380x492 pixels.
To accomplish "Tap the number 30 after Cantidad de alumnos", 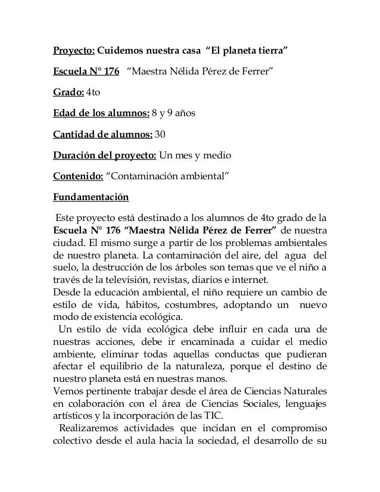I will pyautogui.click(x=160, y=134).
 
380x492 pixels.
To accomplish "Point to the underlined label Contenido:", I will pyautogui.click(x=77, y=176).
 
